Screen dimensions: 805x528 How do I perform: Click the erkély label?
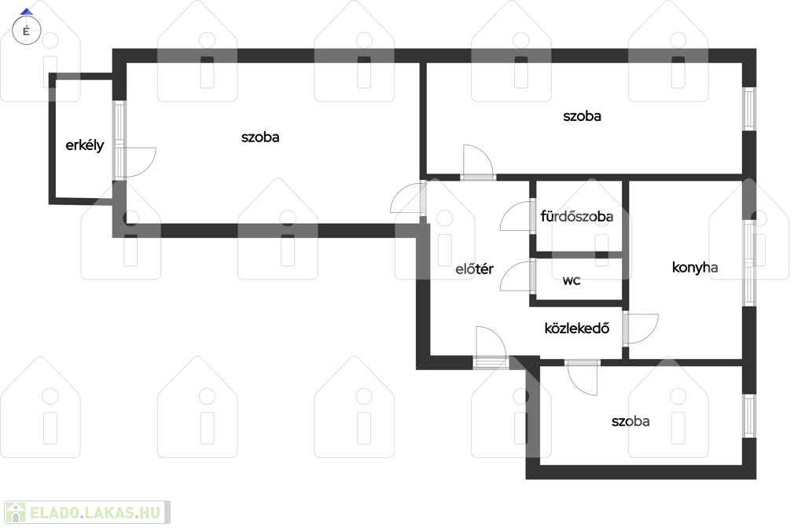(85, 145)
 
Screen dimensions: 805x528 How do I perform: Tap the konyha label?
(695, 267)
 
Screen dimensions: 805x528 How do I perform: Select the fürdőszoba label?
(576, 216)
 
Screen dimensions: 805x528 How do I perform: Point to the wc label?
(572, 280)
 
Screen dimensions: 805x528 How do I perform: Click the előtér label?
(474, 269)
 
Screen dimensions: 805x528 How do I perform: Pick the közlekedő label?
(577, 328)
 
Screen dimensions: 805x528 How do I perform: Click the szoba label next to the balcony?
(260, 137)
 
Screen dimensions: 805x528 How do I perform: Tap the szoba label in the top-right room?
(583, 116)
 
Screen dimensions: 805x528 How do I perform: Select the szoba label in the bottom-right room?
(630, 421)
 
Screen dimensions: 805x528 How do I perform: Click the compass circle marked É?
(26, 31)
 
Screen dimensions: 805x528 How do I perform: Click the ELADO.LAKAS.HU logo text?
(95, 512)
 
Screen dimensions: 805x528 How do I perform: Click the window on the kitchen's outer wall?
(749, 263)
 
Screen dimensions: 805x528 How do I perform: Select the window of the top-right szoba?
(749, 108)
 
